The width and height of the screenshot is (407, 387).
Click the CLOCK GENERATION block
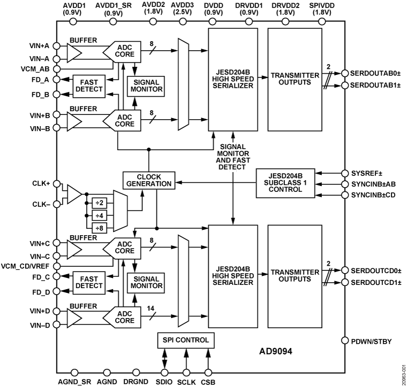point(149,180)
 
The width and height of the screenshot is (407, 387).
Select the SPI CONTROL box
point(185,339)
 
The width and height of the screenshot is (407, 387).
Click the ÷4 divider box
point(99,215)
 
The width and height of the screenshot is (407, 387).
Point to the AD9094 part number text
point(280,353)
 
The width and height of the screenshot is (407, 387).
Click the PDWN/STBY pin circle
point(345,339)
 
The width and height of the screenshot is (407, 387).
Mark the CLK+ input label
point(40,183)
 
